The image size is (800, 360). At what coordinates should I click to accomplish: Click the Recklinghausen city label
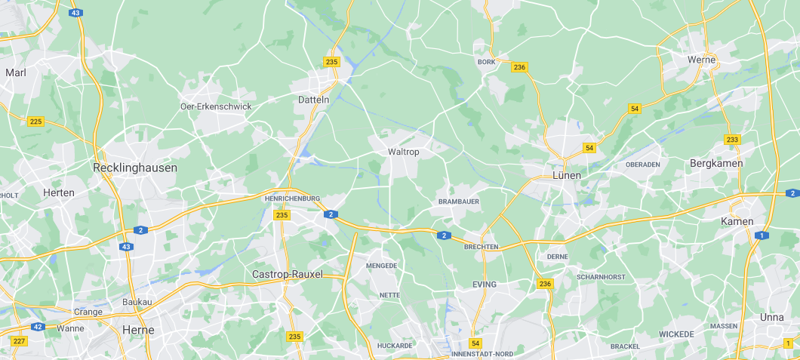tap(135, 168)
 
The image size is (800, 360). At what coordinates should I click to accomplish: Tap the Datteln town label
tap(314, 100)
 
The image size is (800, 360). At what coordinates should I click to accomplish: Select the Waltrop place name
tap(403, 152)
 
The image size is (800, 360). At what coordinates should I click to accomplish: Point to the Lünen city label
tap(567, 175)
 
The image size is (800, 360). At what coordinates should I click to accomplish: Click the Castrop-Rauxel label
tap(288, 274)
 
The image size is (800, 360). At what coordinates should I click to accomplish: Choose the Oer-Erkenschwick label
tap(216, 106)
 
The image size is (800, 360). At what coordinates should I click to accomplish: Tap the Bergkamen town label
tap(716, 163)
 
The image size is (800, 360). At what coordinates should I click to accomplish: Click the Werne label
tap(701, 60)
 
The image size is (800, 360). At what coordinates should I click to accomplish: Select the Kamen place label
tap(737, 221)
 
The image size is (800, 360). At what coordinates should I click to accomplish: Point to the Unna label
tap(771, 317)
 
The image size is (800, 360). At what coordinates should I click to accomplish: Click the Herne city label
tap(138, 330)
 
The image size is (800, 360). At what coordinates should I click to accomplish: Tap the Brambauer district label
tap(459, 202)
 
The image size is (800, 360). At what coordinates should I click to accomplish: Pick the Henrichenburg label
tap(294, 198)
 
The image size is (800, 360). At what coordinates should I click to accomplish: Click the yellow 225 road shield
tap(35, 121)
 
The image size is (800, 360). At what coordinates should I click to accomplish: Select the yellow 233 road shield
tap(732, 140)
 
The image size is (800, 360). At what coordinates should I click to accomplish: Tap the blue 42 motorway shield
tap(38, 327)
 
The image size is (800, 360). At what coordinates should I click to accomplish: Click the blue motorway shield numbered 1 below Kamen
tap(762, 235)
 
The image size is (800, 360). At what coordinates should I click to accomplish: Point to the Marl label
tap(16, 72)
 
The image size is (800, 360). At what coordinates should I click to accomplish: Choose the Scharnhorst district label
tap(601, 277)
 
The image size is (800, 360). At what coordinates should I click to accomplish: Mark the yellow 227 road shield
tap(20, 341)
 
